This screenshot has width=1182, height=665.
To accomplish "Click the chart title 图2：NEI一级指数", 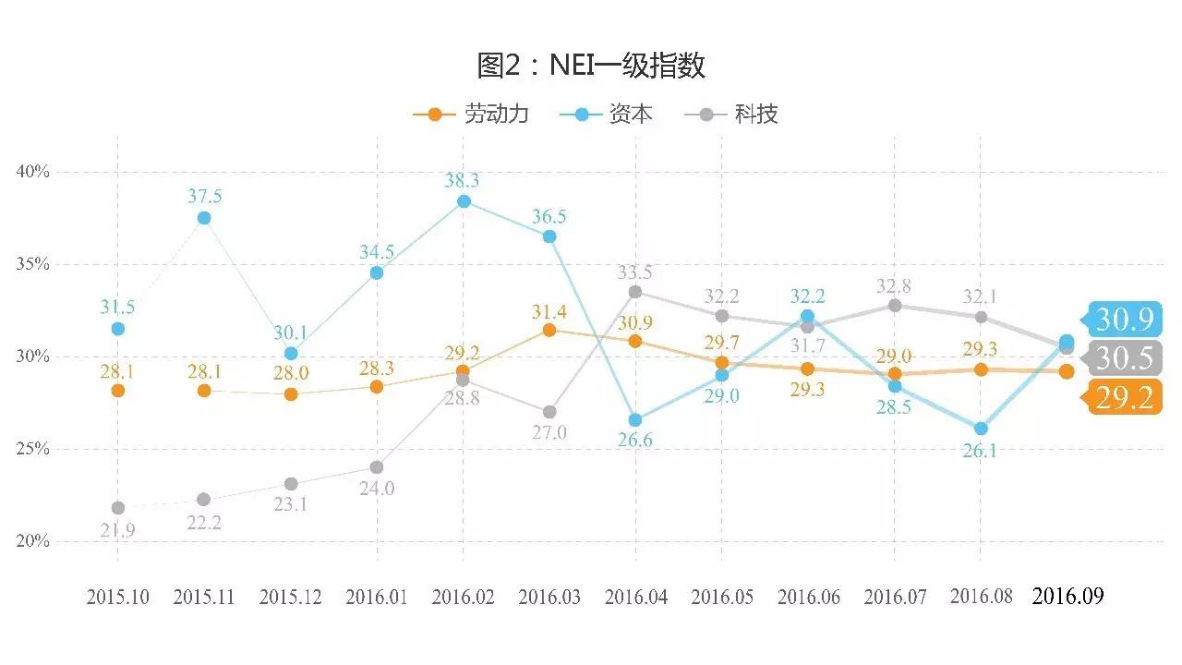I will [x=591, y=66].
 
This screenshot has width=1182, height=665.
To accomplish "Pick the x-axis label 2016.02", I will [x=463, y=597].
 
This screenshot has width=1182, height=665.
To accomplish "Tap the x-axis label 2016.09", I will [x=1067, y=597].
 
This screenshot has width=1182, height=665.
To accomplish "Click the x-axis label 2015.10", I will [x=117, y=597].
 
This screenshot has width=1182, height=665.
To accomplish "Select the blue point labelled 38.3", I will [x=464, y=201].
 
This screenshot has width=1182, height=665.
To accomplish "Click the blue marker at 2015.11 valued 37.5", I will [x=204, y=218].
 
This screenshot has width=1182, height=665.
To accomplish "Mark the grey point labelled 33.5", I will [x=635, y=292].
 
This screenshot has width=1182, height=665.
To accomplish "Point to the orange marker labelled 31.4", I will [x=549, y=330].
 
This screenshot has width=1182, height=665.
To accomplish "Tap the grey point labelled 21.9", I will [x=117, y=508].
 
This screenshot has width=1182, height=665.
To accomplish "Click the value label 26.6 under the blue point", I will [x=634, y=441].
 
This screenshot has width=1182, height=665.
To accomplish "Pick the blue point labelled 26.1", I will [x=981, y=429].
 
